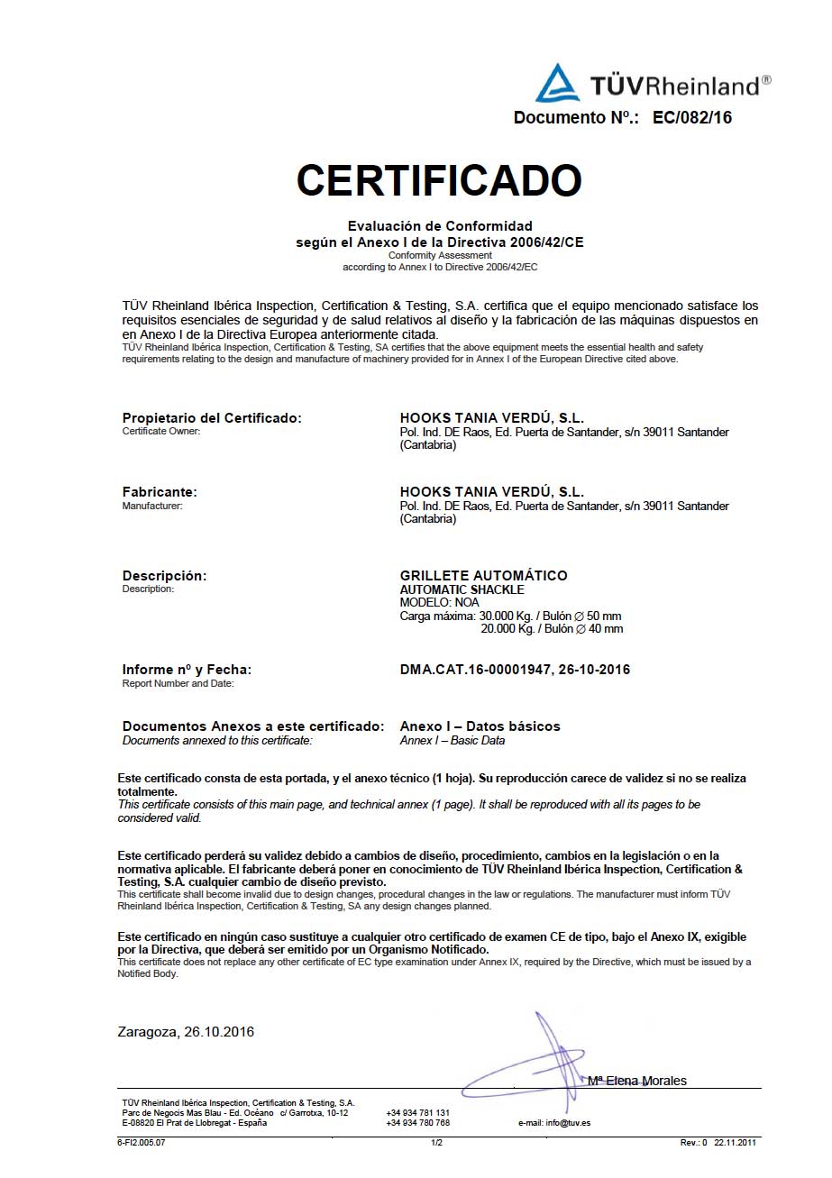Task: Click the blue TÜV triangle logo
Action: pyautogui.click(x=557, y=84)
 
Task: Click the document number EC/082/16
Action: pyautogui.click(x=692, y=117)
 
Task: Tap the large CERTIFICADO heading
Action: pyautogui.click(x=439, y=180)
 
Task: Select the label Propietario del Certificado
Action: pyautogui.click(x=212, y=418)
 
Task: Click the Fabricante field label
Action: pyautogui.click(x=160, y=492)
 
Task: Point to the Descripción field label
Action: pyautogui.click(x=164, y=576)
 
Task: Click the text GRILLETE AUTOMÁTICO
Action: pyautogui.click(x=483, y=576)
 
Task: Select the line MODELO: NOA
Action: pyautogui.click(x=439, y=602)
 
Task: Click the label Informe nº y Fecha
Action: pyautogui.click(x=187, y=670)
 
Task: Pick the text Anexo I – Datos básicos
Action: pyautogui.click(x=480, y=726)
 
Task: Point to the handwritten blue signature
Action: pyautogui.click(x=541, y=1064)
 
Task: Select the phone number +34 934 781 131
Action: pyautogui.click(x=417, y=1113)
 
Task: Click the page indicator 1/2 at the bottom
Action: pyautogui.click(x=436, y=1143)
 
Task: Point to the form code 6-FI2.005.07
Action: pyautogui.click(x=142, y=1143)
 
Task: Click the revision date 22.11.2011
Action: pyautogui.click(x=736, y=1143)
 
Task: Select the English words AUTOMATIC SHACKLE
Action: pyautogui.click(x=462, y=589)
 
